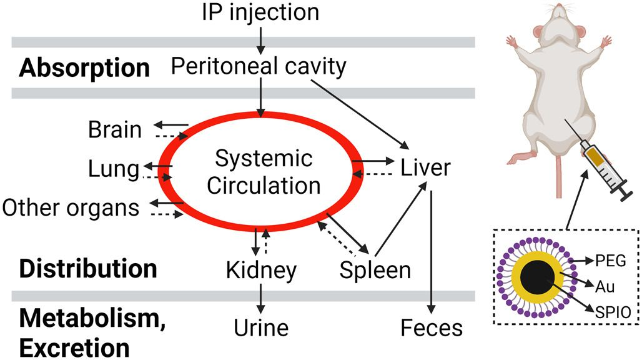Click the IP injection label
[260, 12]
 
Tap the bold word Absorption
[84, 67]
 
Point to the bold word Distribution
[88, 268]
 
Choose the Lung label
[113, 168]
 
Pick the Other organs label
[71, 207]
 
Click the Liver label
[425, 167]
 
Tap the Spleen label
[375, 269]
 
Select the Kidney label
[261, 270]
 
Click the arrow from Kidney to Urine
[261, 299]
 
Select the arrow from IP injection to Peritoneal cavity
[261, 38]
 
